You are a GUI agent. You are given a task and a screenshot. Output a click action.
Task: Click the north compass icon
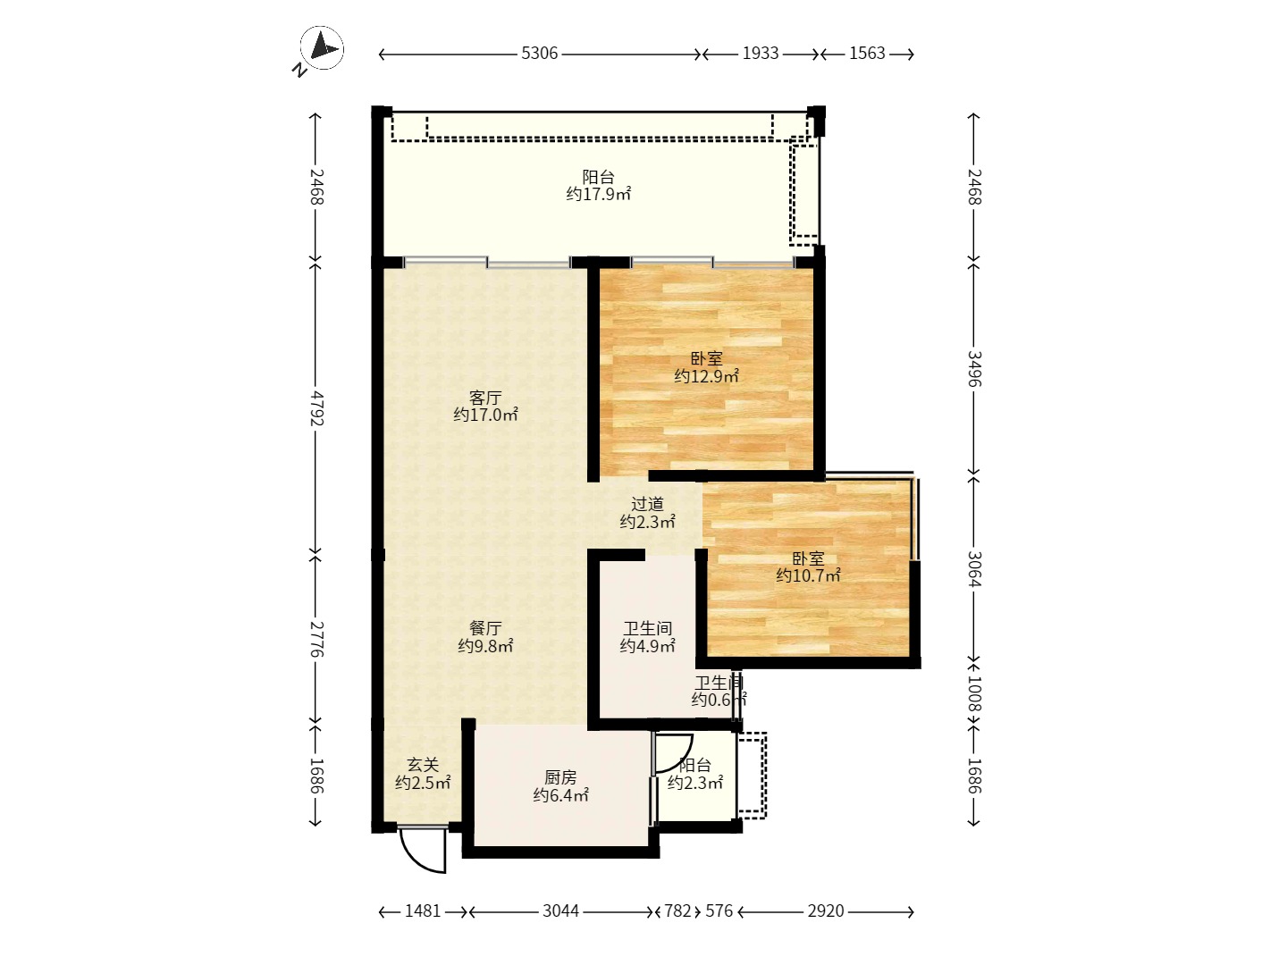pyautogui.click(x=321, y=48)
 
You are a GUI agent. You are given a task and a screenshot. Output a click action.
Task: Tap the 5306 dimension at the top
pyautogui.click(x=540, y=54)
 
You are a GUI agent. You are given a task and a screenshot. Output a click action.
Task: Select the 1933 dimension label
pyautogui.click(x=761, y=54)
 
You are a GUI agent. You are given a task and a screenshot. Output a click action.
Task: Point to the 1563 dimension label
pyautogui.click(x=867, y=54)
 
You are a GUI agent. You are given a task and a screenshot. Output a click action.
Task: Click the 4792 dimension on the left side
pyautogui.click(x=316, y=408)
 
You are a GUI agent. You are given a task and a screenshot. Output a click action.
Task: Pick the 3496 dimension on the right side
pyautogui.click(x=974, y=368)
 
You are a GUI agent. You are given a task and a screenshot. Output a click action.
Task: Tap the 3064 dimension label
pyautogui.click(x=974, y=569)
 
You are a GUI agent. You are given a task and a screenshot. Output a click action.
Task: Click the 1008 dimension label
pyautogui.click(x=974, y=693)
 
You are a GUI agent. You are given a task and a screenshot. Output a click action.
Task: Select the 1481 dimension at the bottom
pyautogui.click(x=423, y=911)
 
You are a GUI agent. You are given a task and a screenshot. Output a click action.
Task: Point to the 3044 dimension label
pyautogui.click(x=560, y=911)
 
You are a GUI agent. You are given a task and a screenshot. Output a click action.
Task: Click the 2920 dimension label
pyautogui.click(x=826, y=911)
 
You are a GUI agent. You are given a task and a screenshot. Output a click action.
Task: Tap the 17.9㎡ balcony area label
pyautogui.click(x=598, y=194)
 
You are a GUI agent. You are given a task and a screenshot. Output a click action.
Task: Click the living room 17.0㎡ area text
pyautogui.click(x=485, y=415)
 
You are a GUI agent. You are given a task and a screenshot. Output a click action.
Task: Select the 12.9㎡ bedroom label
pyautogui.click(x=706, y=376)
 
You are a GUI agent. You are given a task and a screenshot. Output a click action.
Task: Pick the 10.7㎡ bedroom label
pyautogui.click(x=808, y=575)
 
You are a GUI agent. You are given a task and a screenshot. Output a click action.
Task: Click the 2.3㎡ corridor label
pyautogui.click(x=647, y=522)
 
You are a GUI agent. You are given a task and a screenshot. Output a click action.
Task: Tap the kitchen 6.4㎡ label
pyautogui.click(x=560, y=795)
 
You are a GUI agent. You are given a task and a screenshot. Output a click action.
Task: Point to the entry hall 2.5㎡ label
pyautogui.click(x=422, y=783)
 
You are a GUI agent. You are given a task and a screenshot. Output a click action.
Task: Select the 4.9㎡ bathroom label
pyautogui.click(x=647, y=646)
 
